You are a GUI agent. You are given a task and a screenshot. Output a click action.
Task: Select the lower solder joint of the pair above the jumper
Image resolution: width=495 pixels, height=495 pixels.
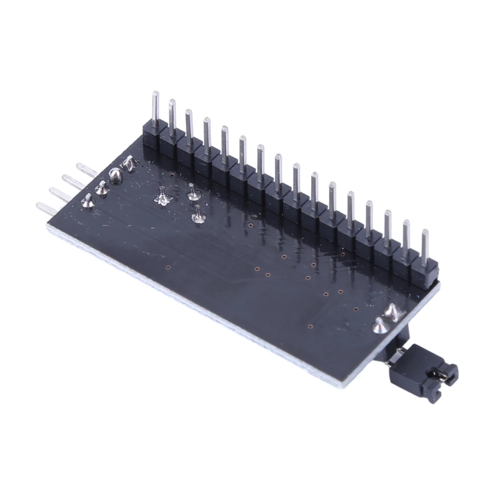(x=379, y=325)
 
